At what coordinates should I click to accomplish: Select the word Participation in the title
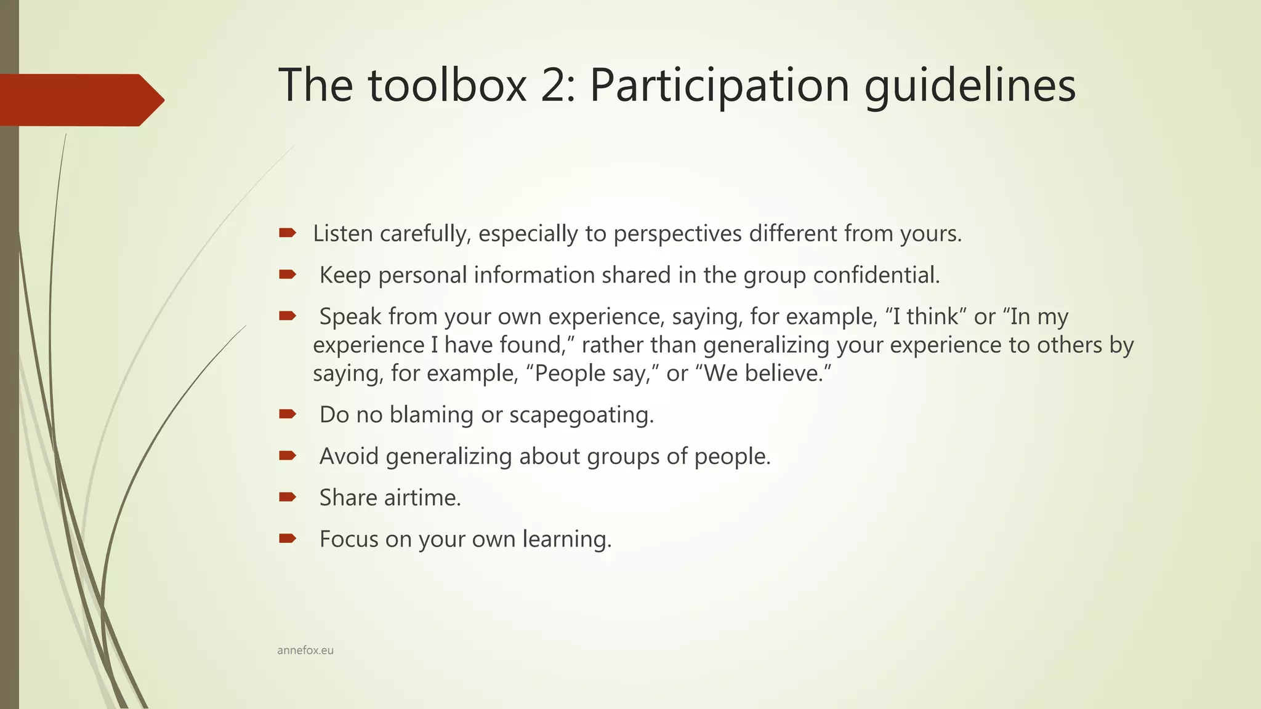click(x=719, y=86)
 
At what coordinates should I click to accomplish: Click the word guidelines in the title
click(x=970, y=86)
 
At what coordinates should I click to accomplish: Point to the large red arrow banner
click(x=80, y=100)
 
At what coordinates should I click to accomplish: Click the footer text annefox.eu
click(x=305, y=651)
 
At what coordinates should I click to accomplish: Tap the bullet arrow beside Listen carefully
click(x=287, y=233)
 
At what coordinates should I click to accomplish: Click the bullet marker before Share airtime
click(x=287, y=497)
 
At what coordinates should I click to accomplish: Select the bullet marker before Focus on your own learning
click(x=287, y=539)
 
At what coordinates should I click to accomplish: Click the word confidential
click(x=876, y=275)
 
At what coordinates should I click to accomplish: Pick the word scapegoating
click(x=581, y=415)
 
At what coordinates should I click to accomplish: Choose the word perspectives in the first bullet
click(x=677, y=234)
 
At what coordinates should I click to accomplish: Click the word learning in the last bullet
click(x=567, y=540)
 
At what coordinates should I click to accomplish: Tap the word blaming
click(x=432, y=415)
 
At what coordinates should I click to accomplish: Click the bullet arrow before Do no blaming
click(x=287, y=414)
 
